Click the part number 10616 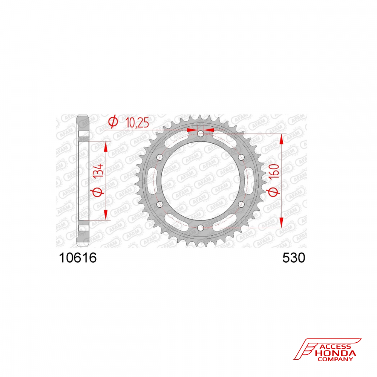pos(78,258)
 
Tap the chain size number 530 pos(294,258)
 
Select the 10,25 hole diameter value pos(137,123)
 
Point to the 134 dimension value pos(98,171)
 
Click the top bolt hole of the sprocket pos(201,134)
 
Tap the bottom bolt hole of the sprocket pos(201,228)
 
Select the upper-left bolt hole pos(160,158)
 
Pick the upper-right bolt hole pos(241,158)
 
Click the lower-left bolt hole pos(160,204)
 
